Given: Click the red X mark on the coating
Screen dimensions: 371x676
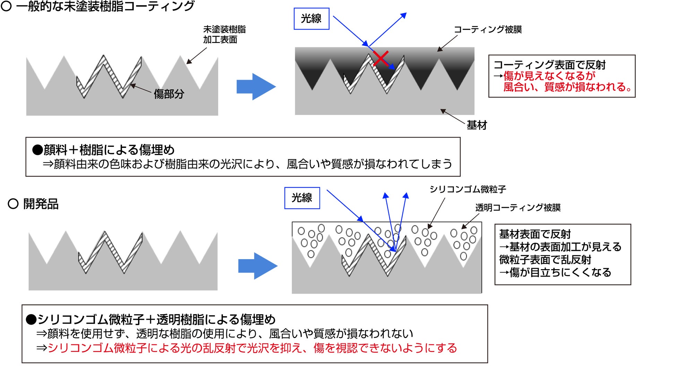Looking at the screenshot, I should (x=381, y=59).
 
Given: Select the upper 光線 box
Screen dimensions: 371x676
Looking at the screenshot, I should (x=311, y=19).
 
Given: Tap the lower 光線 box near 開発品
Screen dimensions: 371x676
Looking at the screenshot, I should (x=302, y=198).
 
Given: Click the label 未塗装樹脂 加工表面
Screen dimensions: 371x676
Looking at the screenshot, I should (x=224, y=34).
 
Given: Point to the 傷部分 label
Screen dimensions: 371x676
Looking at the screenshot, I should (x=169, y=94).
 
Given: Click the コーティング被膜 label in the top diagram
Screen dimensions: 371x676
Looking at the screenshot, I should (x=487, y=29).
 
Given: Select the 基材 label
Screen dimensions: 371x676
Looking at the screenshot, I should (x=477, y=125).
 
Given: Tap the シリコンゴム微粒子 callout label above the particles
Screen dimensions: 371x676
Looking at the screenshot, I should (x=468, y=189).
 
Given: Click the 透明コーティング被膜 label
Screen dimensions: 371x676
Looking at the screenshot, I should (x=518, y=207).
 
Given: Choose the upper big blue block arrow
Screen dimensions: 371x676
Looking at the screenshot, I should (x=256, y=87).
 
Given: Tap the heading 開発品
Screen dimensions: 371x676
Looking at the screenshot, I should (x=41, y=204).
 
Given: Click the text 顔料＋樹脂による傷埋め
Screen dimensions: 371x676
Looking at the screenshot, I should (x=109, y=150).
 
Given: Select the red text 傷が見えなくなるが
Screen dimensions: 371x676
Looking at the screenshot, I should (x=549, y=76).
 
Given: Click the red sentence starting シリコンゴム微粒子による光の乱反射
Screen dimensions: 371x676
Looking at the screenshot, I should (x=252, y=348).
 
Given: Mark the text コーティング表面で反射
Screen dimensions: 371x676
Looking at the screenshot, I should (x=549, y=65).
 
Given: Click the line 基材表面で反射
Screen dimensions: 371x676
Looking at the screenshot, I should (x=535, y=234).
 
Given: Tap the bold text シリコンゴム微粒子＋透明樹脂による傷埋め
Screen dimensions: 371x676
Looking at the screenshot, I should (x=156, y=319).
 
